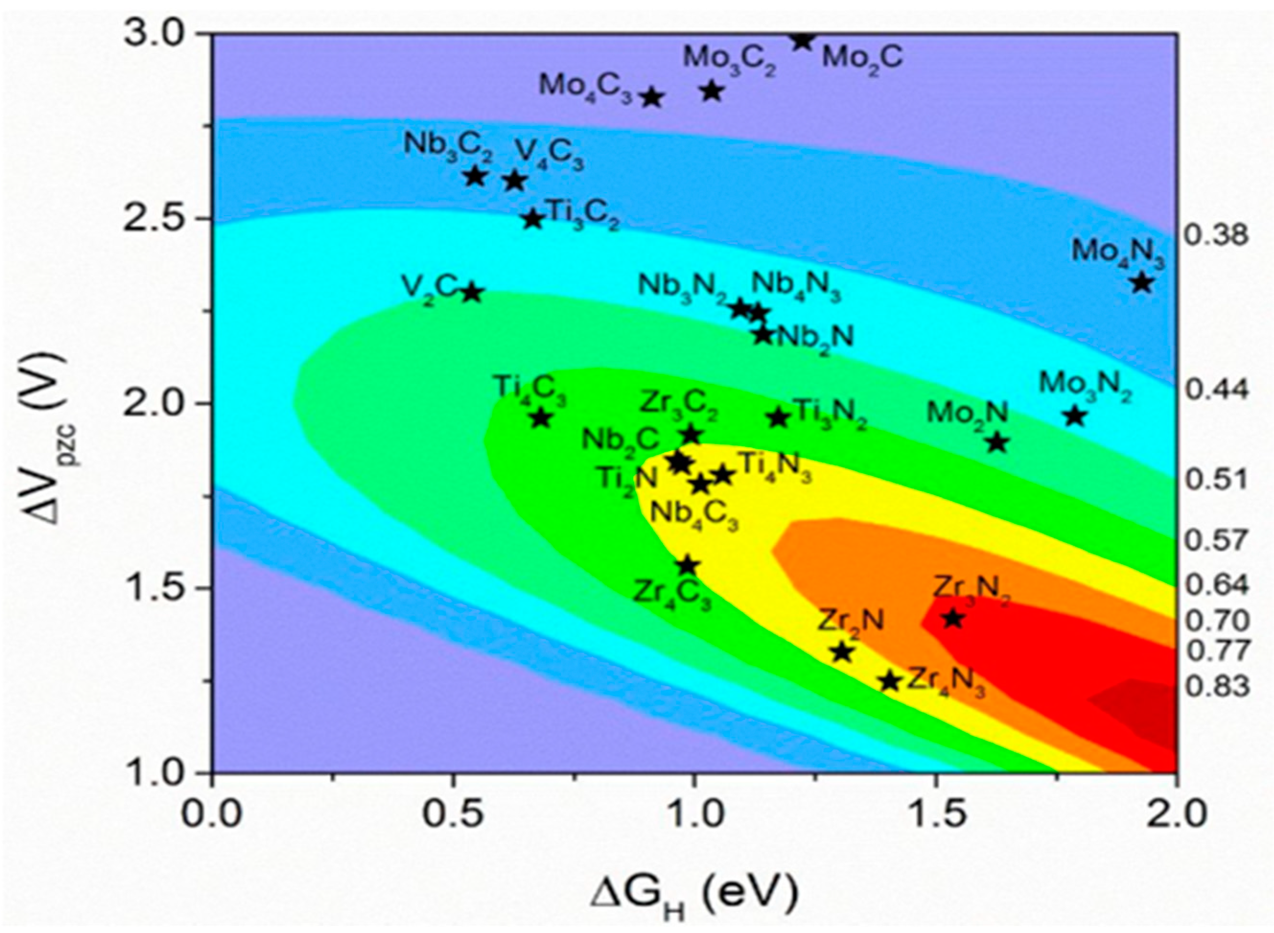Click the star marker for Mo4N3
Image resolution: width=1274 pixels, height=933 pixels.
coord(1142,282)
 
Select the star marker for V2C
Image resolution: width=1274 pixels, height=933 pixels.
coord(471,293)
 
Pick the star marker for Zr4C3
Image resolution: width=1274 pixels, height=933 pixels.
coord(687,565)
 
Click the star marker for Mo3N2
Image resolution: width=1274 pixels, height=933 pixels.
coord(1075,417)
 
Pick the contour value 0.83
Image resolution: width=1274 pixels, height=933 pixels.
coord(1216,687)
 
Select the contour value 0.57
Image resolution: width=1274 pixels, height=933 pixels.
coord(1216,541)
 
